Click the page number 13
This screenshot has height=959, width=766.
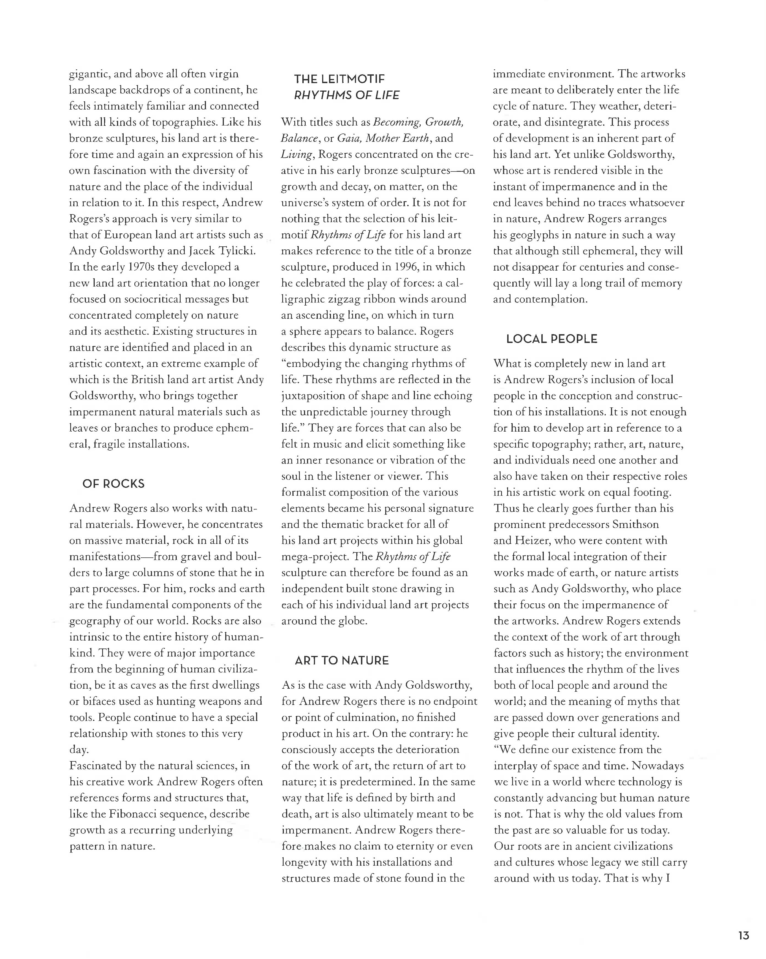click(744, 935)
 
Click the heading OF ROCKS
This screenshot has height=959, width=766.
click(113, 484)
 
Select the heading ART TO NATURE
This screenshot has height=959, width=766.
click(342, 661)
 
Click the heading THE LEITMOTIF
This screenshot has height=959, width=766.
click(339, 79)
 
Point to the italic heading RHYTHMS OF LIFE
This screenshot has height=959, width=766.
click(347, 95)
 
